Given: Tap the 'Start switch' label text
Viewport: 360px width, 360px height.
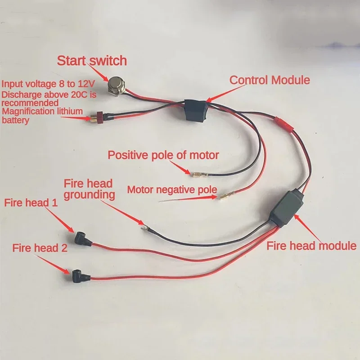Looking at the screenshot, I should [91, 60].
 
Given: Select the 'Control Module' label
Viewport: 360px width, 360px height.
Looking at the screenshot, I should [270, 80].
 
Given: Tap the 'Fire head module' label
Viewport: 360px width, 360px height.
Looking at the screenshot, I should [311, 246].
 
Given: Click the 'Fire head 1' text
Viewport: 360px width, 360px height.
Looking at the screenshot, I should [31, 202].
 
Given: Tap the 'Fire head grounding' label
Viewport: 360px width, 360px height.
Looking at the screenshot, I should [88, 189].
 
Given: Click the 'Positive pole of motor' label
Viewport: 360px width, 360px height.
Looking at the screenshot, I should [163, 156].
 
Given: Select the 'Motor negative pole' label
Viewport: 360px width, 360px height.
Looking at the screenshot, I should [172, 189].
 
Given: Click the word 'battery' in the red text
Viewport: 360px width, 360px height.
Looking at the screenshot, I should [16, 120].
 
